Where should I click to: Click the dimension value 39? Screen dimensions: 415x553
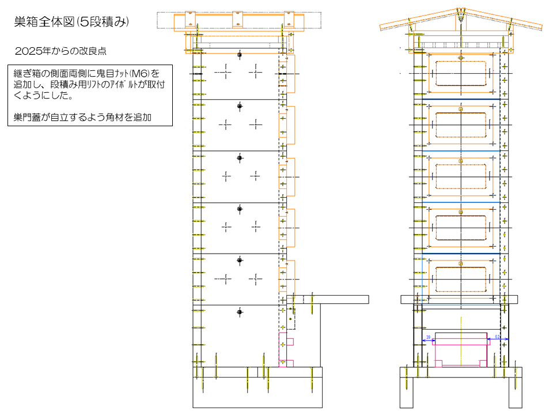pyautogui.click(x=428, y=336)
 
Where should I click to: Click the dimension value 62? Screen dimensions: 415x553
pyautogui.click(x=497, y=336)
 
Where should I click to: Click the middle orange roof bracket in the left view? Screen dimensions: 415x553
pyautogui.click(x=238, y=19)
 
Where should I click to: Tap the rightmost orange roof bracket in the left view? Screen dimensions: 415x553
pyautogui.click(x=287, y=19)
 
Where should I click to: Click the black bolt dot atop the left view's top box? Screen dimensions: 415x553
pyautogui.click(x=240, y=54)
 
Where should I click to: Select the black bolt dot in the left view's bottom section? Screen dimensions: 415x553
pyautogui.click(x=240, y=312)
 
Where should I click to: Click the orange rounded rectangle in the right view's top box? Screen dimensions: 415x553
pyautogui.click(x=460, y=76)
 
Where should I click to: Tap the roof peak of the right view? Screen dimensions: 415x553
pyautogui.click(x=460, y=11)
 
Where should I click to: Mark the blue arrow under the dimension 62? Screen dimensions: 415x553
pyautogui.click(x=498, y=340)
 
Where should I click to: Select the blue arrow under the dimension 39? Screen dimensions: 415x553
pyautogui.click(x=428, y=340)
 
